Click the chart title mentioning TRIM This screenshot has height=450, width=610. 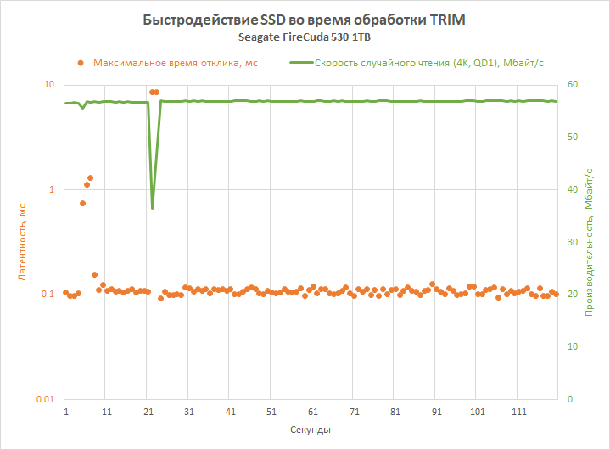tap(305, 20)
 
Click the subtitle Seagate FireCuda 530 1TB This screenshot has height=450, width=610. tap(305, 37)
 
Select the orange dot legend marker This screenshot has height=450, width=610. tap(81, 62)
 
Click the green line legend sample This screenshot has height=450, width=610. tap(300, 62)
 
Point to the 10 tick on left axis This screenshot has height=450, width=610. tap(48, 85)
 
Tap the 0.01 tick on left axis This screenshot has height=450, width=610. tap(44, 399)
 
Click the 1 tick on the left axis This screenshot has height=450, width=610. tap(51, 189)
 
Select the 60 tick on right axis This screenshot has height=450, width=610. tap(573, 85)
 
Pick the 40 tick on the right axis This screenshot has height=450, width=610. tap(573, 189)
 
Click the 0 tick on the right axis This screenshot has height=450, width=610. tap(570, 399)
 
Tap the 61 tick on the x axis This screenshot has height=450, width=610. tap(313, 411)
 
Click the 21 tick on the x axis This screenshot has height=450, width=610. tap(148, 411)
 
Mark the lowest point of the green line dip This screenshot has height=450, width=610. tap(153, 208)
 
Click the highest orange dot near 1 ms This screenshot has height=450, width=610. tap(91, 178)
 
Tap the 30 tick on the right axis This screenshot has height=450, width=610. tap(573, 242)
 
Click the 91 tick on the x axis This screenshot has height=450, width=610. tap(437, 411)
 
